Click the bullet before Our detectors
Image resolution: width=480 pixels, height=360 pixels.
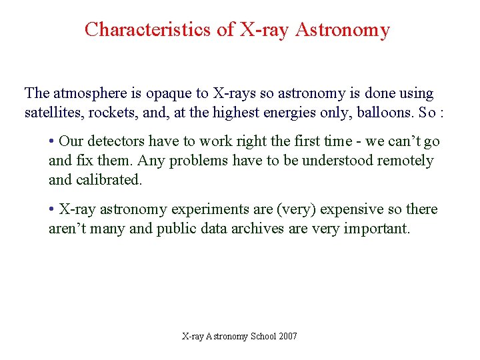coord(51,142)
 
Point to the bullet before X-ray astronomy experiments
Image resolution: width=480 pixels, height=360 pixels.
coord(51,209)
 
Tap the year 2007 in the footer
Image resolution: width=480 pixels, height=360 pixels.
coord(289,337)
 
